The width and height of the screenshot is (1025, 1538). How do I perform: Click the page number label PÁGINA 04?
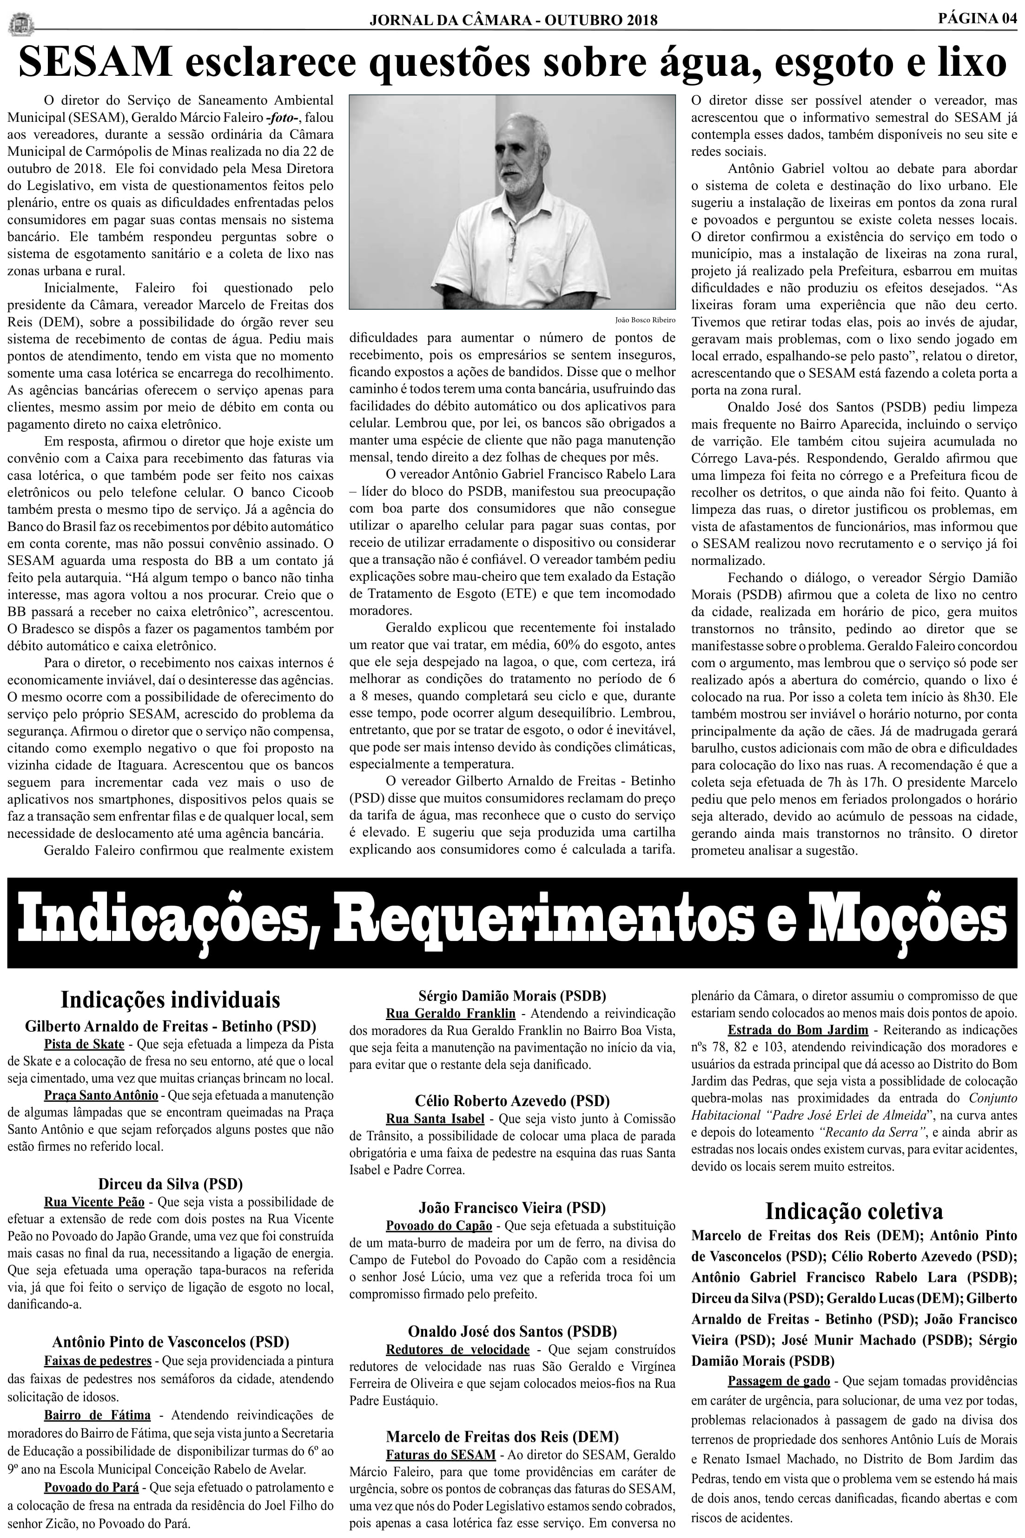977,18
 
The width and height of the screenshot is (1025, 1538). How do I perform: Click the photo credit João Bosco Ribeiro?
645,320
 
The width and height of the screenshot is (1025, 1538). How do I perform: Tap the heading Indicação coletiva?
854,1211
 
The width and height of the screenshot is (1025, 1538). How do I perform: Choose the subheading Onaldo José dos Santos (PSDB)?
512,1331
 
